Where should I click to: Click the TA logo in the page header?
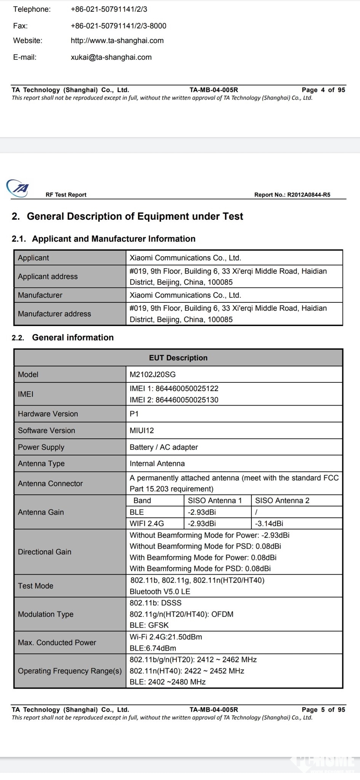click(18, 188)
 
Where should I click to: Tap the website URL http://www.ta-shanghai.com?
click(117, 41)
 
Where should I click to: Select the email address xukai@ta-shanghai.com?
click(111, 58)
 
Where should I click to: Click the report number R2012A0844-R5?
click(309, 195)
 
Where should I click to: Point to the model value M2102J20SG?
click(152, 374)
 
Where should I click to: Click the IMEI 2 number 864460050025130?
click(174, 400)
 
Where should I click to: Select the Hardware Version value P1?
click(134, 414)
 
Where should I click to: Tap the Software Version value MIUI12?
click(142, 430)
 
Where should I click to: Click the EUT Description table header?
click(178, 358)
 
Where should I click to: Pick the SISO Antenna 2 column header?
click(282, 500)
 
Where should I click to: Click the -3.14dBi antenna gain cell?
click(269, 523)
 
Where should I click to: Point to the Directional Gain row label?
click(45, 551)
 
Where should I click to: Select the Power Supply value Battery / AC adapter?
click(163, 447)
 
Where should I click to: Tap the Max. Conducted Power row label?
click(57, 643)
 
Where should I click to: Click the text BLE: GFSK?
click(149, 625)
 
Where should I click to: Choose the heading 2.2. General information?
click(63, 337)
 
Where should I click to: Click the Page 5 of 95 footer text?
click(323, 710)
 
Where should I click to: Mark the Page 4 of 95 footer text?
click(323, 90)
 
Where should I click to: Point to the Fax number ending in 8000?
click(118, 26)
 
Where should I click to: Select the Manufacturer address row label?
click(54, 314)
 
